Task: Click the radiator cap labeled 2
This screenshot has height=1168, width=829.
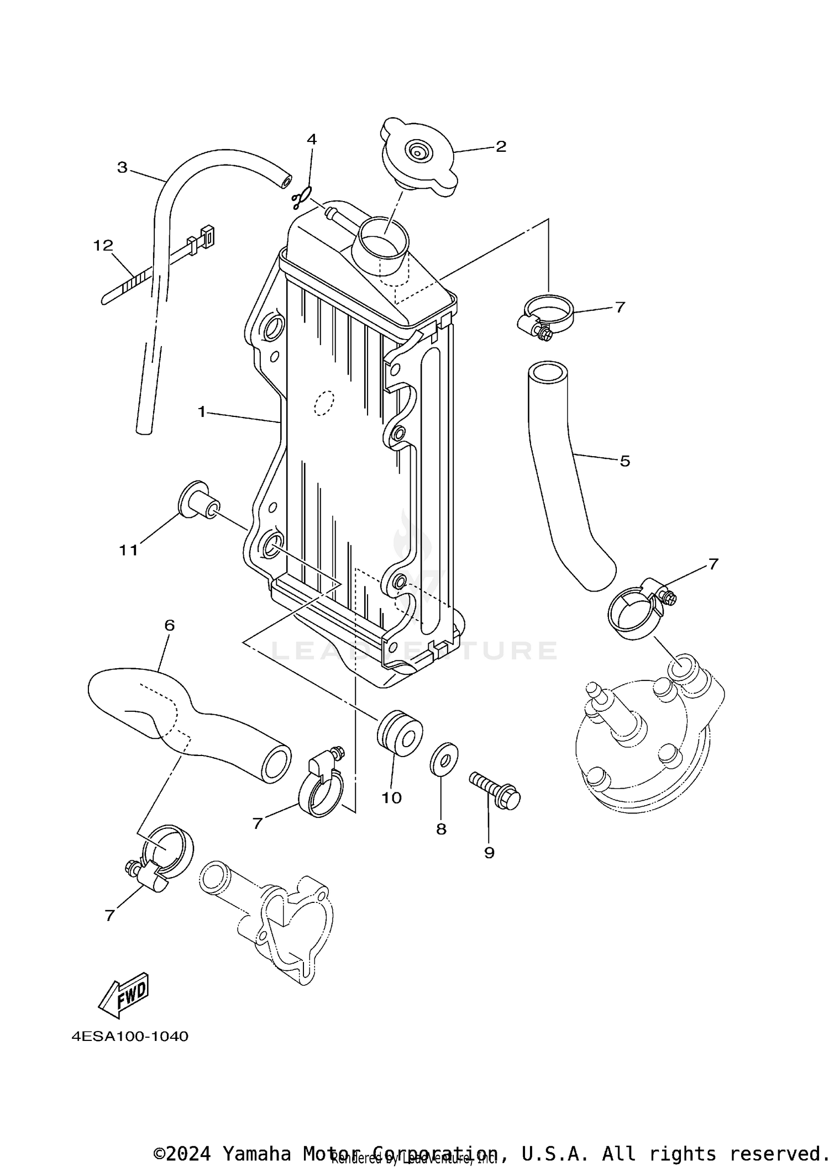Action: click(x=419, y=156)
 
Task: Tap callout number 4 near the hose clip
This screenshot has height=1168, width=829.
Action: click(x=312, y=139)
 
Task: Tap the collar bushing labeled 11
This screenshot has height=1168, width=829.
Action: click(x=198, y=500)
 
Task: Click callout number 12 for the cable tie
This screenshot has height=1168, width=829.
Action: click(x=103, y=245)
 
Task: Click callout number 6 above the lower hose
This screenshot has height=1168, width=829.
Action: click(x=169, y=625)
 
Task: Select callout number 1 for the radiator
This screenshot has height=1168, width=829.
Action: click(x=202, y=411)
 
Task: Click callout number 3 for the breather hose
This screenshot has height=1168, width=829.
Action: click(x=122, y=167)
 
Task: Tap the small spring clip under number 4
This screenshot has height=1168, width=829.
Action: click(x=302, y=198)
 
